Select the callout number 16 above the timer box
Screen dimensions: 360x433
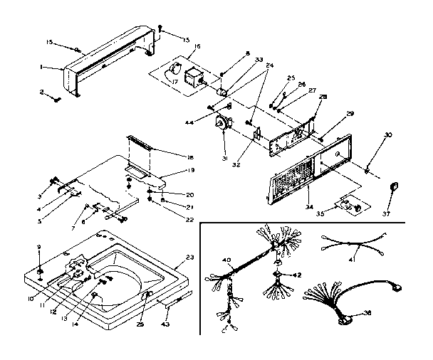pyautogui.click(x=197, y=47)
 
